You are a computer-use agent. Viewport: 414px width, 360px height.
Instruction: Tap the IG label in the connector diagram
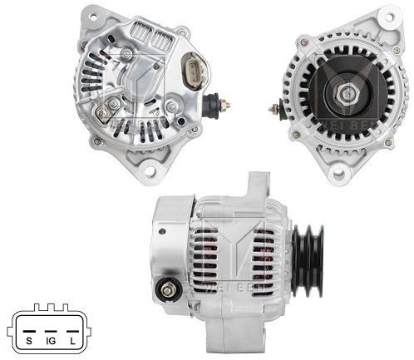[x=51, y=341]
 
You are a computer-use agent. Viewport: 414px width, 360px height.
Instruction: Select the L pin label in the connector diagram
[x=74, y=341]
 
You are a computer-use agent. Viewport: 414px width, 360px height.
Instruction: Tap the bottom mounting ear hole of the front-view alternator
[x=338, y=174]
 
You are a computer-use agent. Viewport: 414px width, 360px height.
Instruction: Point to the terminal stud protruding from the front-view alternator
[x=273, y=108]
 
